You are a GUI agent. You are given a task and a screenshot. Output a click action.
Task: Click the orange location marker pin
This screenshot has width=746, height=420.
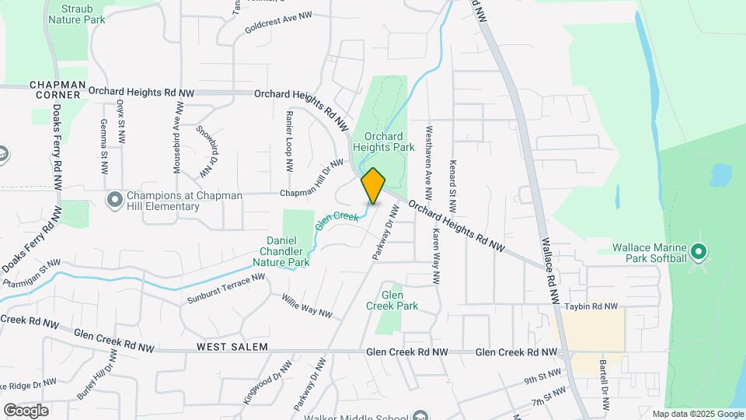coord(373,186)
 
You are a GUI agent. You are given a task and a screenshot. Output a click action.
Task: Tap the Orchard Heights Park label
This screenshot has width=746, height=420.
coord(378,142)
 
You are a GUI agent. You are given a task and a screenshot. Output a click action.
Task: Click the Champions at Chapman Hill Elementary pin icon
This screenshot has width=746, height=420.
coord(115,200)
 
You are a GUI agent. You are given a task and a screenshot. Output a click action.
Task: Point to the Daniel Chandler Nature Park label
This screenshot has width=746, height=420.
coord(281,251)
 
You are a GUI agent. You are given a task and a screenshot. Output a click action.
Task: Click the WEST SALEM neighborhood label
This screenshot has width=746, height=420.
coord(232,346)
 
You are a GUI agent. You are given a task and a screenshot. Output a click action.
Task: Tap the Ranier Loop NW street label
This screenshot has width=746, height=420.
coord(289,140)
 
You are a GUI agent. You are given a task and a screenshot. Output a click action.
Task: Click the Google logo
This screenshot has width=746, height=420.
coord(26,410)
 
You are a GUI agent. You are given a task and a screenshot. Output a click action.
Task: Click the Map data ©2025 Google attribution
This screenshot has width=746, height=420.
coord(698,414)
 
